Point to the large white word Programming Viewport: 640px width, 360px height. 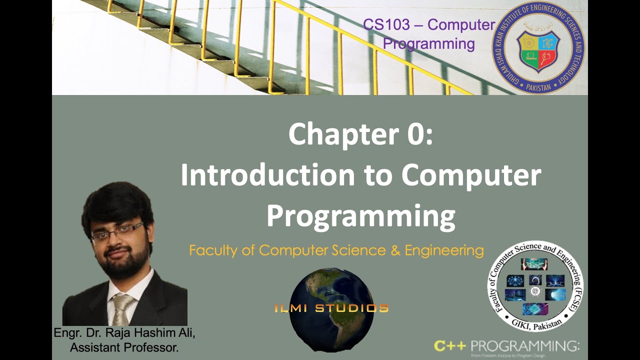[x=360, y=215]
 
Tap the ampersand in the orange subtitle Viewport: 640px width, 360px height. [x=395, y=250]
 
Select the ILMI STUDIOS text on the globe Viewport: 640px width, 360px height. [x=331, y=308]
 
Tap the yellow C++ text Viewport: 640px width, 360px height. [x=450, y=345]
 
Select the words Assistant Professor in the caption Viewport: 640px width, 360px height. [x=124, y=347]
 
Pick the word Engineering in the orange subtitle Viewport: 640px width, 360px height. [x=444, y=250]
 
